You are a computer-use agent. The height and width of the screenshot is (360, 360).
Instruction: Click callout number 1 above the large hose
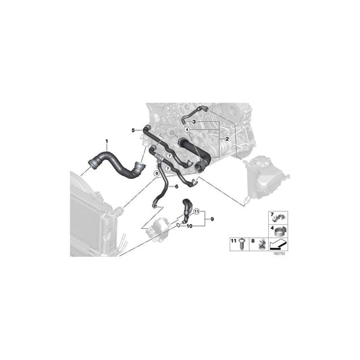(x=106, y=140)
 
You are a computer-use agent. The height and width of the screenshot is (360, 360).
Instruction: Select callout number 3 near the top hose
(x=194, y=121)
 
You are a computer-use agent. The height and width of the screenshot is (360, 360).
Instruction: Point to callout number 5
(x=134, y=128)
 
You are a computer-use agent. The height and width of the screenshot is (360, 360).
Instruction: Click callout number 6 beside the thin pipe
(x=177, y=186)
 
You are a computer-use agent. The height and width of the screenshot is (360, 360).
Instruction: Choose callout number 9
(x=211, y=219)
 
